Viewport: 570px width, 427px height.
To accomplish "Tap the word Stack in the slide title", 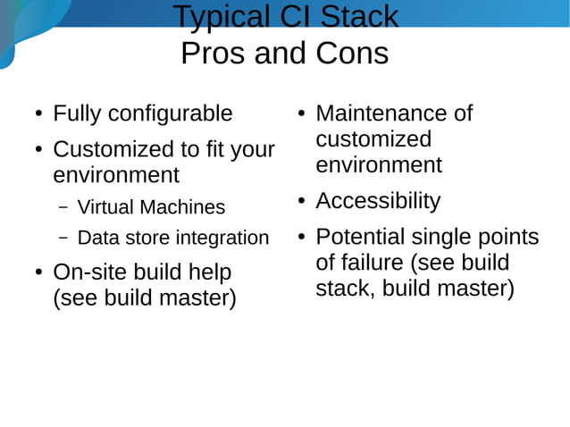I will click(x=356, y=17).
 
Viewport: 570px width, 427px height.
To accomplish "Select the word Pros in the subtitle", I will click(x=213, y=54).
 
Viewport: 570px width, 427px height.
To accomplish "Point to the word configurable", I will click(x=171, y=114).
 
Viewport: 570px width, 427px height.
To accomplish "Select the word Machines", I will click(x=182, y=207).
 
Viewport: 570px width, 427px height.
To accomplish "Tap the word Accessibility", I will click(x=378, y=201).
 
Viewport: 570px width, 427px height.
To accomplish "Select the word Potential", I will click(x=360, y=238).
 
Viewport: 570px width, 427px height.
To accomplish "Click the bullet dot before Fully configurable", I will click(x=37, y=115).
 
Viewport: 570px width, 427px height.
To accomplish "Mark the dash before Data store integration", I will click(x=63, y=239).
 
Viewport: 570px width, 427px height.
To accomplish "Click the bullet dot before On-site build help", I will click(x=37, y=272).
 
